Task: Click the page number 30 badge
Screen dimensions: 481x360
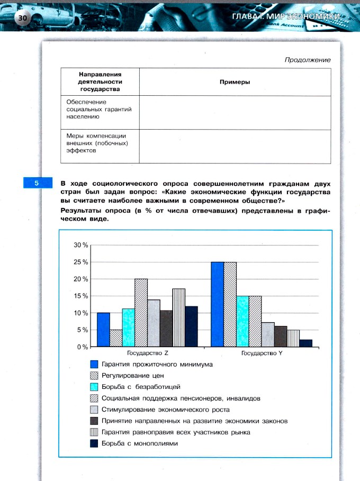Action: coord(23,18)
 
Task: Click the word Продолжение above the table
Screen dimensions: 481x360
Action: coord(308,60)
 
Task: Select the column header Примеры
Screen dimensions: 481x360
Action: coord(235,82)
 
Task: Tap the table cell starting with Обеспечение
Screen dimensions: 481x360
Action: coord(99,110)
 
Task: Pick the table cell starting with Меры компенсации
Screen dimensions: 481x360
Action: coord(99,143)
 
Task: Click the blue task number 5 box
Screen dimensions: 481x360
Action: coord(37,183)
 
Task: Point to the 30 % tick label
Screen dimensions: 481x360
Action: coord(80,246)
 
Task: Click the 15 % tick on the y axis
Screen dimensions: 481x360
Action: coord(80,296)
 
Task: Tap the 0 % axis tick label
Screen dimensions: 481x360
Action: coord(82,347)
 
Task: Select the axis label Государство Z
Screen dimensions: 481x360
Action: coord(148,353)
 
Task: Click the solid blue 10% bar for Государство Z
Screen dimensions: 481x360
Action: coord(103,330)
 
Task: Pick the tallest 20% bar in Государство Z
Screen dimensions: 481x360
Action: coord(141,313)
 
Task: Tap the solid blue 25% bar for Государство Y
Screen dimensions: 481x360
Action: coord(217,304)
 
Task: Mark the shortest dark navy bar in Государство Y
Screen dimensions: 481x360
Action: coord(305,343)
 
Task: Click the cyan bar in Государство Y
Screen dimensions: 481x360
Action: coord(242,321)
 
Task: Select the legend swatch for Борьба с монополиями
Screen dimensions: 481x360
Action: coord(95,444)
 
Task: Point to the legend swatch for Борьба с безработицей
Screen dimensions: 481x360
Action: coord(95,387)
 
